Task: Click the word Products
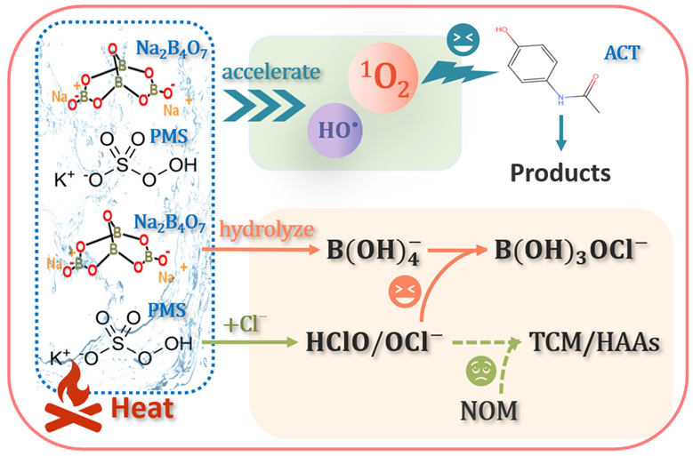[560, 171]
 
